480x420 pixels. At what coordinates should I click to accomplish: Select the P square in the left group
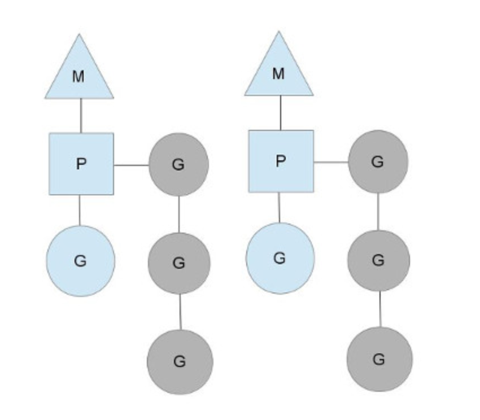(x=81, y=164)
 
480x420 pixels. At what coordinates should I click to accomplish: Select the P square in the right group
(x=281, y=161)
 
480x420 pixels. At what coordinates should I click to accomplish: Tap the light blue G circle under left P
(x=81, y=260)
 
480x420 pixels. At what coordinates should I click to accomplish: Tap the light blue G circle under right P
(x=280, y=258)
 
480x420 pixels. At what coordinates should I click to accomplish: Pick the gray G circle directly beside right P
(x=378, y=161)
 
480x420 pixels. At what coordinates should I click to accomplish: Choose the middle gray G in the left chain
(x=179, y=262)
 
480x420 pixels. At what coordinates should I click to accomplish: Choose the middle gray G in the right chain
(x=378, y=260)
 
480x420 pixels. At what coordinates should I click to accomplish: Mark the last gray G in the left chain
(x=180, y=361)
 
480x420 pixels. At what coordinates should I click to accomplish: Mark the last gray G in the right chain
(x=379, y=359)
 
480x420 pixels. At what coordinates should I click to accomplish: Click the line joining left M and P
(x=81, y=116)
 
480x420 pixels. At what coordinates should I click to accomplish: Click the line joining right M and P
(x=280, y=113)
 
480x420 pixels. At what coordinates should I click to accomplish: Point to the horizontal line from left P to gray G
(x=131, y=165)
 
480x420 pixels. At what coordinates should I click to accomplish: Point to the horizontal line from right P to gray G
(x=330, y=163)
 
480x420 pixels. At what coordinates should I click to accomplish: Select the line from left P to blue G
(x=80, y=210)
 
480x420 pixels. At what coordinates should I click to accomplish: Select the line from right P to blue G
(x=279, y=207)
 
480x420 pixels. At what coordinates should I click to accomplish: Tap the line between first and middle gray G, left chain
(x=178, y=214)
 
